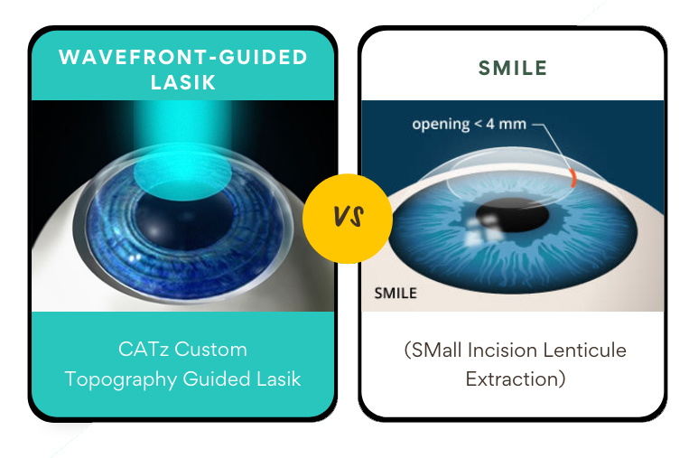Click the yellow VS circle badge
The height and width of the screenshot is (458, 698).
point(348,218)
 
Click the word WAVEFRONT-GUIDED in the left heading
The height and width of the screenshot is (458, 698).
point(183,57)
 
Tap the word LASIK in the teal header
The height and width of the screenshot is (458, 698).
point(183,82)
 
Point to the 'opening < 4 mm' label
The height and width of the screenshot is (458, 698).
point(469,124)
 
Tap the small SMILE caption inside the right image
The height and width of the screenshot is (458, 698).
point(396,293)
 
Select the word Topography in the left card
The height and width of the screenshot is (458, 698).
point(121,379)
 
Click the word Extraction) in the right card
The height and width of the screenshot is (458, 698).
point(516,379)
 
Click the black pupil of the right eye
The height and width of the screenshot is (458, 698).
point(502,217)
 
